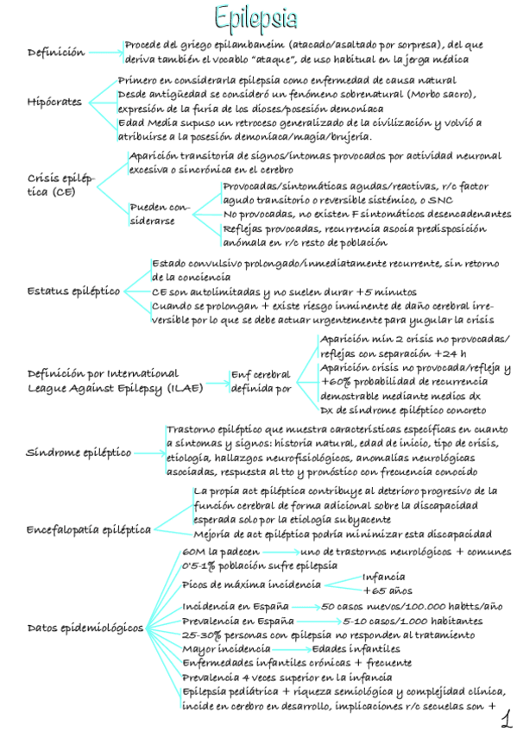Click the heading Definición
tap(56, 53)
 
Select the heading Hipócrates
tap(55, 102)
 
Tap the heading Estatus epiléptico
tap(73, 291)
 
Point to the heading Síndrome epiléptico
tap(79, 452)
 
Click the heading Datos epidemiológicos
tap(85, 627)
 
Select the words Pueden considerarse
tap(159, 214)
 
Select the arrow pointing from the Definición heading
tap(105, 53)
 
